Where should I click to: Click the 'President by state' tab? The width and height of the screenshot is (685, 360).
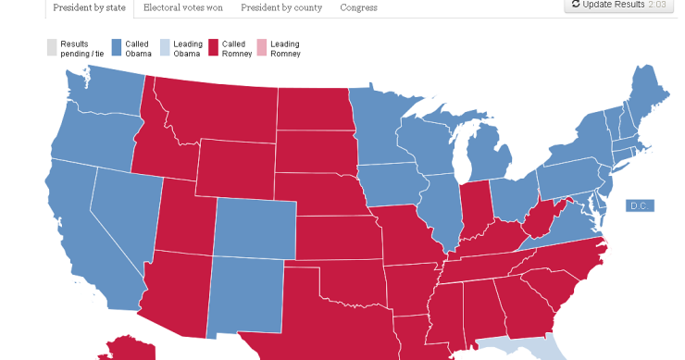pyautogui.click(x=90, y=8)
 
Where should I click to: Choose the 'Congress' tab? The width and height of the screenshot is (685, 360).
pyautogui.click(x=358, y=8)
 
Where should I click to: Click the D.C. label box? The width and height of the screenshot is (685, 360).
pyautogui.click(x=640, y=205)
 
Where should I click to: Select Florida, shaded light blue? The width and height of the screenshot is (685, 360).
pyautogui.click(x=532, y=349)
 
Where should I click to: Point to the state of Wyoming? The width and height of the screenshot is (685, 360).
pyautogui.click(x=234, y=167)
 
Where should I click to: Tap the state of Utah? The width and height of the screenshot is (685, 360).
pyautogui.click(x=184, y=217)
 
